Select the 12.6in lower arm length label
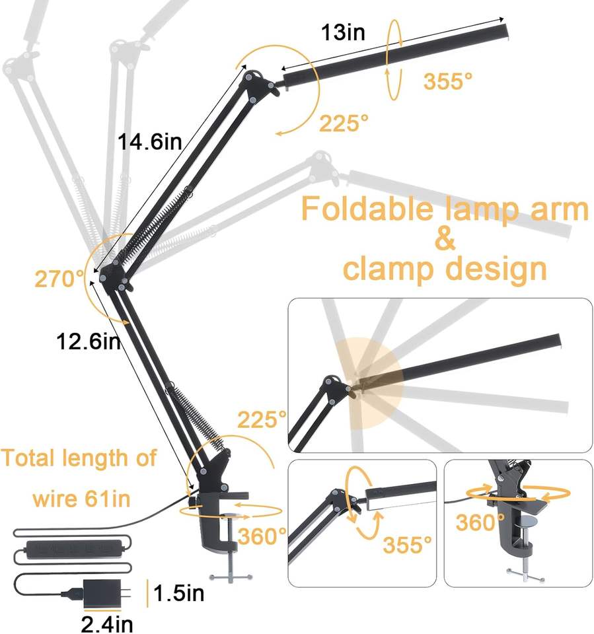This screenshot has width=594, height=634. coord(88,341)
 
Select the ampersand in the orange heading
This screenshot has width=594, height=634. coord(445,239)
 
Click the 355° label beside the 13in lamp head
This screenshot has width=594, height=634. coord(448,81)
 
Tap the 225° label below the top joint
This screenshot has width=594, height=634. coord(344,123)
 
